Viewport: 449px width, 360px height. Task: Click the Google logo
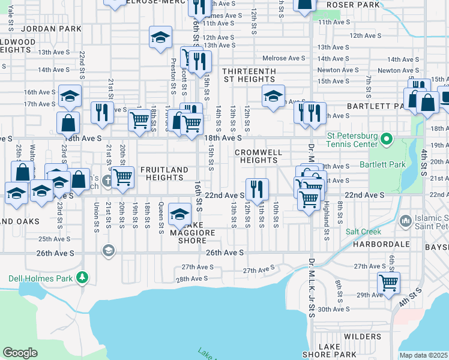(20, 353)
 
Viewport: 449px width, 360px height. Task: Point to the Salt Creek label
(363, 231)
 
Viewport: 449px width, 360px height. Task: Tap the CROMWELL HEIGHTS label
(258, 156)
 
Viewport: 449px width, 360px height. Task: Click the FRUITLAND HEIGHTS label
(164, 174)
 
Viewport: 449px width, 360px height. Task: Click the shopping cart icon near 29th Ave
(388, 282)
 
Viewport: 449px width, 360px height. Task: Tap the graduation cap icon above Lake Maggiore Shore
(179, 214)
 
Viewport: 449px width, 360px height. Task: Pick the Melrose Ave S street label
(284, 58)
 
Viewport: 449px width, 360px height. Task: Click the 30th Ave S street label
(334, 309)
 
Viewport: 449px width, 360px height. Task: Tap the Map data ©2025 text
(424, 355)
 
